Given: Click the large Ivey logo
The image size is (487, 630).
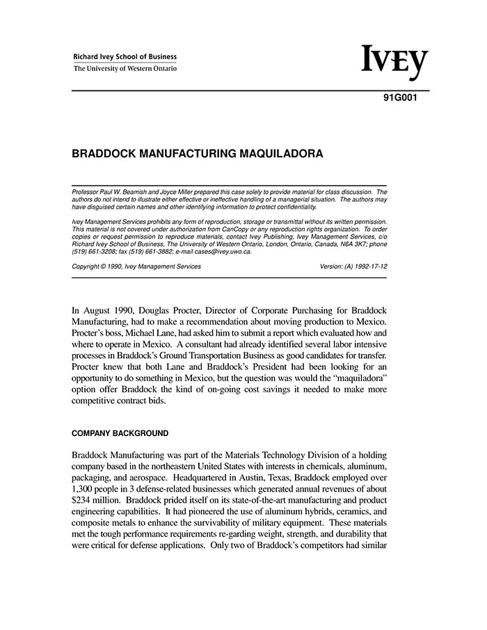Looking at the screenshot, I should pyautogui.click(x=394, y=63).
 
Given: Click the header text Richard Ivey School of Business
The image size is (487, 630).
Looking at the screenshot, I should pyautogui.click(x=125, y=57).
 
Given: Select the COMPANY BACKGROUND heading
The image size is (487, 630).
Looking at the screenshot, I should pyautogui.click(x=120, y=434).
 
